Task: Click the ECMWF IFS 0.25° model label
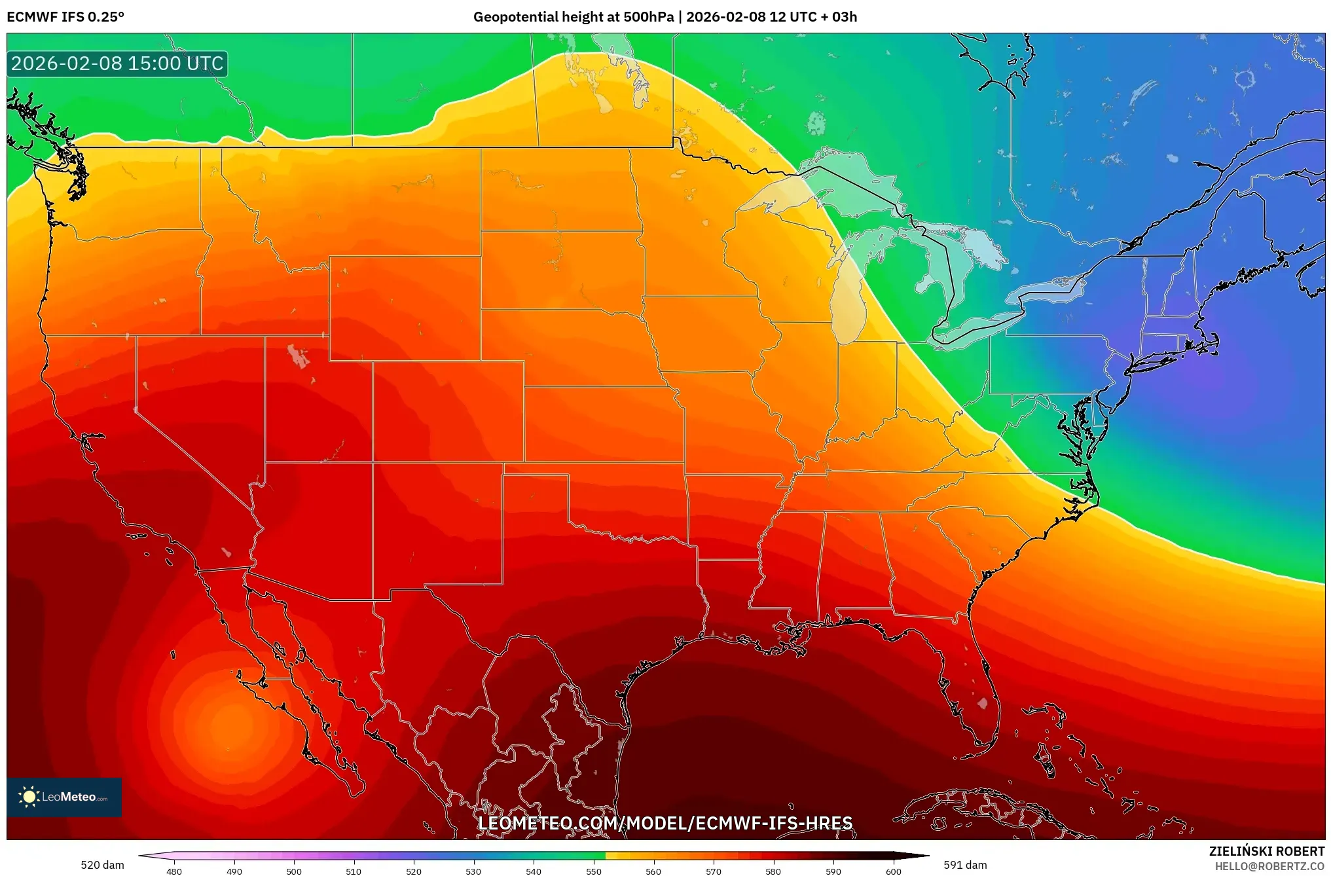click(65, 17)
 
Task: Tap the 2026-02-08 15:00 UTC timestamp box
click(117, 64)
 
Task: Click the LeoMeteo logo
click(64, 797)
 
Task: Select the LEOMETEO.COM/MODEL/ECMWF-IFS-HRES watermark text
click(665, 823)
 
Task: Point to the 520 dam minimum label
click(102, 865)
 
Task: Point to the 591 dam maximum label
click(965, 865)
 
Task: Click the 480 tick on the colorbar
click(174, 871)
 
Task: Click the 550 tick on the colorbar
click(593, 871)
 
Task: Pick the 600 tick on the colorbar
click(893, 871)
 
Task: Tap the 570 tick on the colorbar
click(713, 871)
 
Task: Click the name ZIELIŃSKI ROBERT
click(1266, 851)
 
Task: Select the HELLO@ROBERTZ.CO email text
click(1269, 866)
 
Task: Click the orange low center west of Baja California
click(230, 723)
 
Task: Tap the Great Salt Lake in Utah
click(298, 356)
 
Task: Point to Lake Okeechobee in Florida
click(982, 703)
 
